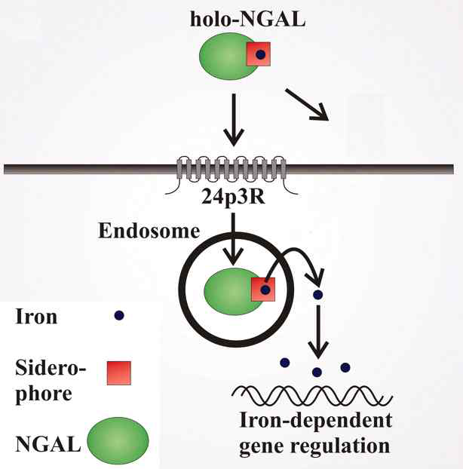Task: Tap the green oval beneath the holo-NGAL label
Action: (x=225, y=58)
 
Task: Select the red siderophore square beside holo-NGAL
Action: (x=259, y=54)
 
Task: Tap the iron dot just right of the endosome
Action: (x=318, y=294)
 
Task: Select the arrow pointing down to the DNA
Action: (x=318, y=332)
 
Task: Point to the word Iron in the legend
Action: (x=35, y=317)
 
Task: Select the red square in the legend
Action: (x=119, y=372)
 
